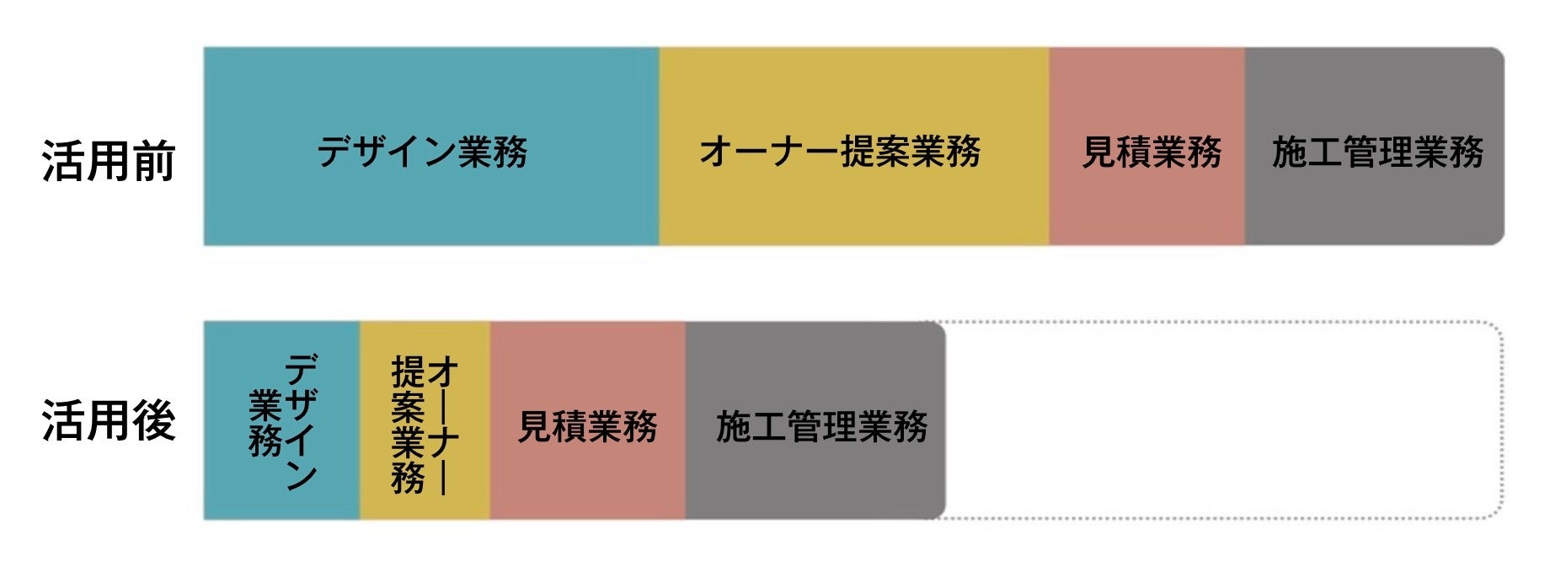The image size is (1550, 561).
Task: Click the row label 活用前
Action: point(109,161)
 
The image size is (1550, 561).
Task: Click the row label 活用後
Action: point(109,420)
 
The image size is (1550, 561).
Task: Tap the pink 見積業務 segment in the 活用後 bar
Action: point(587,480)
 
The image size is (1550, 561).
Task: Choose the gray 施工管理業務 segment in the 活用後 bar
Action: point(815,480)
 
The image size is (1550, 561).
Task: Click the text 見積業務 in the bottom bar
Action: point(587,427)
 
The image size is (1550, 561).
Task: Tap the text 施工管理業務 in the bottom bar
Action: point(821,427)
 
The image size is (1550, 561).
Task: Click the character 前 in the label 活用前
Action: point(154,161)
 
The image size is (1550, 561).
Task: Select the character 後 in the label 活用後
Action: point(154,420)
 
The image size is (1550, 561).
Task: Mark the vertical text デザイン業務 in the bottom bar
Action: point(284,420)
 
